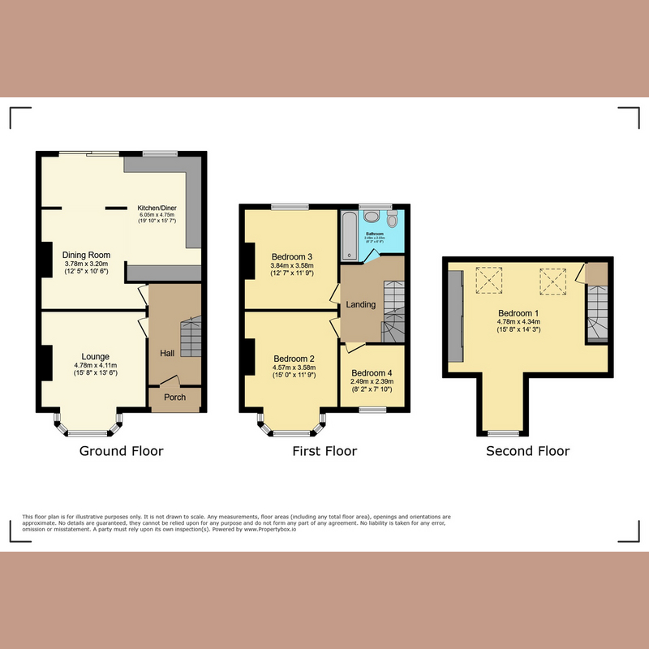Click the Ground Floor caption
coord(121,451)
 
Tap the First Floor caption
coord(324,451)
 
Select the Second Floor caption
coord(527,451)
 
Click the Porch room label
coord(175,398)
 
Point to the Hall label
coord(167,354)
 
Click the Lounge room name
coord(95,356)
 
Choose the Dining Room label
coord(87,255)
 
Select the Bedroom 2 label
coord(294,359)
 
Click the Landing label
coord(361,304)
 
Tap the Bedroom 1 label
coord(518,313)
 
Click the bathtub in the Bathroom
coord(350,234)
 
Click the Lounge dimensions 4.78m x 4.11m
coord(95,365)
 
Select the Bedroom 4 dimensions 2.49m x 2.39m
coord(372,381)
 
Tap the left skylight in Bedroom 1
coord(489,282)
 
